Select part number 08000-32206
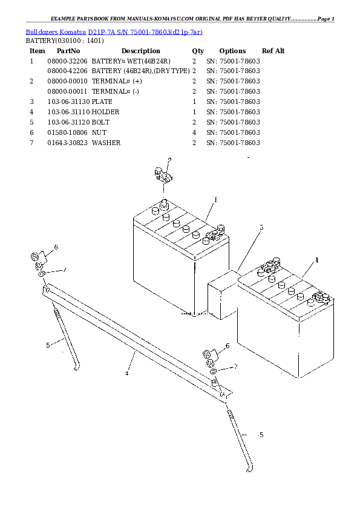[x=67, y=61]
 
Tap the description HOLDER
[x=105, y=112]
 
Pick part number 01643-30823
[x=67, y=143]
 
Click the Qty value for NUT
[x=194, y=132]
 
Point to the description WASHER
[x=106, y=143]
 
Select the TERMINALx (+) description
[x=117, y=81]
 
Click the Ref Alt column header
[x=273, y=51]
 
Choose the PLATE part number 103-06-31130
[x=68, y=102]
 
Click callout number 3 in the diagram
[x=261, y=228]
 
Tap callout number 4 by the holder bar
[x=127, y=373]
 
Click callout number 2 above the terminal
[x=169, y=160]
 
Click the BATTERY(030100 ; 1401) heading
[x=64, y=41]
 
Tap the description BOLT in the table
[x=100, y=122]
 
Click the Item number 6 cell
[x=31, y=132]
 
